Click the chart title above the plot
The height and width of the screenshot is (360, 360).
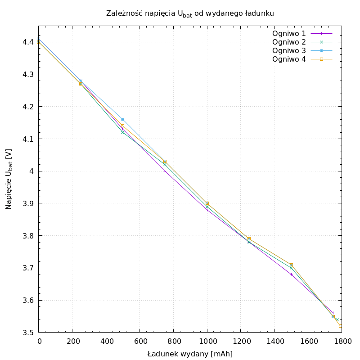190,13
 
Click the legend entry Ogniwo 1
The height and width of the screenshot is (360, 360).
289,33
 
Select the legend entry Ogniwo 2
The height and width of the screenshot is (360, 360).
289,42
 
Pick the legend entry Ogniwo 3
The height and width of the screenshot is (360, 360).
289,50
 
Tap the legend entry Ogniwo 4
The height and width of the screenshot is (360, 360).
289,59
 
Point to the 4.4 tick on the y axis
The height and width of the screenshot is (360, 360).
28,42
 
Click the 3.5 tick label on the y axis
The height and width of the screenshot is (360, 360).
28,333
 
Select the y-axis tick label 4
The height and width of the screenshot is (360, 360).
31,171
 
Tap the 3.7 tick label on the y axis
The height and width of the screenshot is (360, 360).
28,268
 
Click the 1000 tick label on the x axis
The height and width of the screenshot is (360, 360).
207,342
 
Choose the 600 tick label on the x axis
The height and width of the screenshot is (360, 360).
139,342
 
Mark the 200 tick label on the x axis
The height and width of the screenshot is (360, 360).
72,342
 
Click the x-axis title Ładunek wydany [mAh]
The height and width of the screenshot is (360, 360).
190,354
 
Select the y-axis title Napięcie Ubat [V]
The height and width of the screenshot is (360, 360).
9,179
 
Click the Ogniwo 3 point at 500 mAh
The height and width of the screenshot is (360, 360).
122,119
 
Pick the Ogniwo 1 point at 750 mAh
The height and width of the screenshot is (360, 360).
165,171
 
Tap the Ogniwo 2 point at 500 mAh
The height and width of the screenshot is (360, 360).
122,132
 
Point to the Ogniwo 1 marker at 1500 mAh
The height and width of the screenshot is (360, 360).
291,274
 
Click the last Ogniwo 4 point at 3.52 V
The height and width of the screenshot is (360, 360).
340,326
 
